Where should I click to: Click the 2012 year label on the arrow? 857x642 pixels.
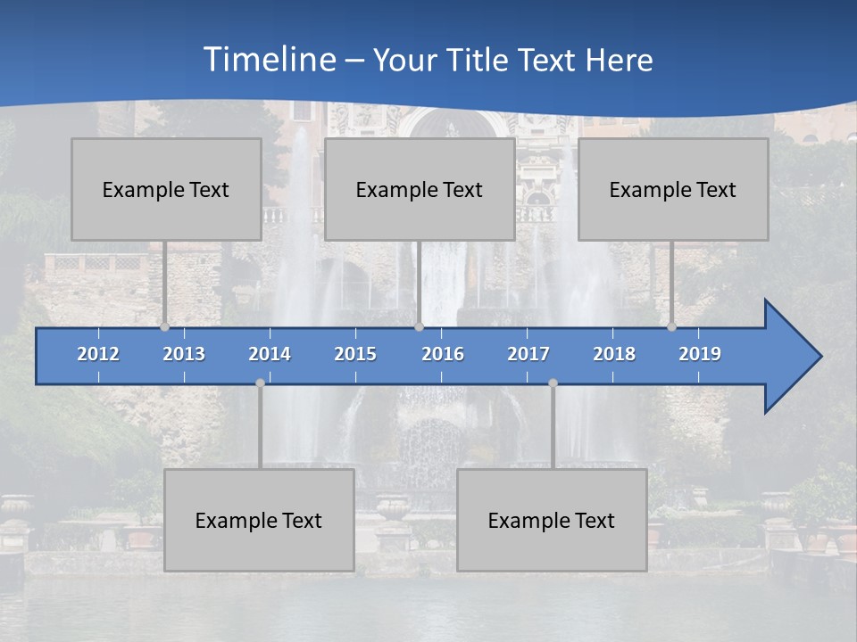tap(98, 354)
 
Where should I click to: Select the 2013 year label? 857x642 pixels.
tap(184, 354)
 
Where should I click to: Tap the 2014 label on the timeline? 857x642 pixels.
tap(270, 354)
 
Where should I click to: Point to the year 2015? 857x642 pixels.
tap(355, 354)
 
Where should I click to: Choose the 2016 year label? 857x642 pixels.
tap(443, 354)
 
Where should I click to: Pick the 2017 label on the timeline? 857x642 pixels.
tap(528, 354)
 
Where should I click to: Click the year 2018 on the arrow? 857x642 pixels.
tap(614, 354)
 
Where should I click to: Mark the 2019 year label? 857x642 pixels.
tap(700, 354)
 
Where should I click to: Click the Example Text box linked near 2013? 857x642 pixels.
tap(166, 189)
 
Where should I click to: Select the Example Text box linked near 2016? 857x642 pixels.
tap(420, 189)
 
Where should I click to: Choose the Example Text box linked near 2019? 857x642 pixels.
tap(673, 189)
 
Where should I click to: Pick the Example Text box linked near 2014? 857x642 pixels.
tap(259, 520)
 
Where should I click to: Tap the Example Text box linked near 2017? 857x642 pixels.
tap(552, 520)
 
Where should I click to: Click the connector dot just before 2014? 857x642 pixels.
tap(260, 383)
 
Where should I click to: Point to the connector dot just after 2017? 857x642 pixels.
tap(553, 383)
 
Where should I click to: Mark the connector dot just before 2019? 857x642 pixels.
tap(671, 326)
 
